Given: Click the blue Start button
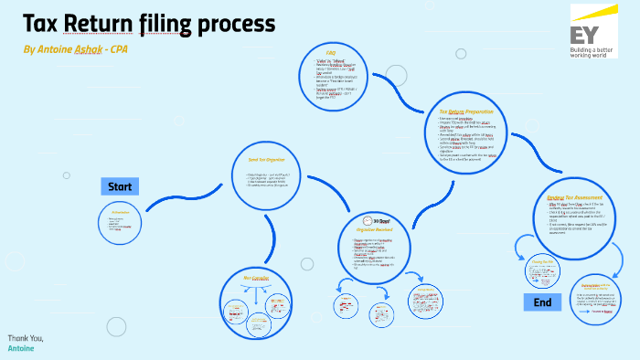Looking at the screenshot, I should coord(120,187).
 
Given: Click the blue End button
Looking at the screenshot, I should coord(542,302).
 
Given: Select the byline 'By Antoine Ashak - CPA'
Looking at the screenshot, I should coord(75,48).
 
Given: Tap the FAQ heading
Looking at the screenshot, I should coord(330,54).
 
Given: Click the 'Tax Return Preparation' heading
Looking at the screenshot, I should coord(453,111).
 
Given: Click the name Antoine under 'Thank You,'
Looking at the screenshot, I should coord(21,349).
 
